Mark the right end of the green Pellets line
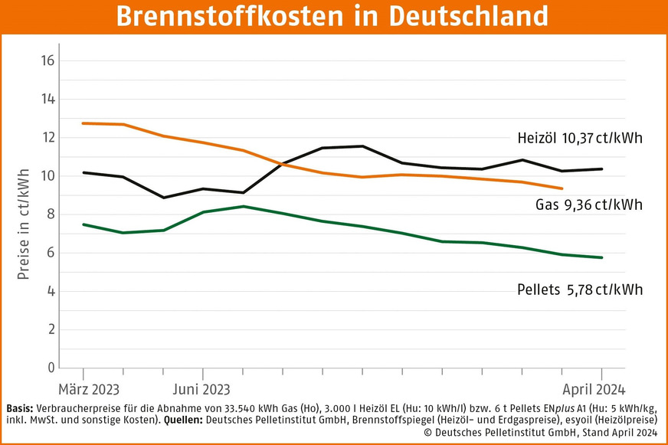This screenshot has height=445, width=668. (x=602, y=257)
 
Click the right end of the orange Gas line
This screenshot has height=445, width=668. (x=562, y=188)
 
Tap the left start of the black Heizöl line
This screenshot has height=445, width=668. (x=83, y=172)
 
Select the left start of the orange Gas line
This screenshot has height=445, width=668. (x=83, y=123)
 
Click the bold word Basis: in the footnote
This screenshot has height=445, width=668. (x=20, y=407)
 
